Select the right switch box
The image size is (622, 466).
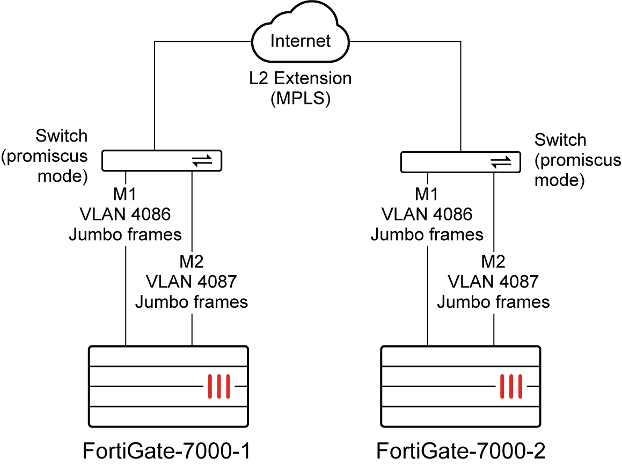tap(460, 161)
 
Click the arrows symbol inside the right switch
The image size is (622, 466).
tap(501, 161)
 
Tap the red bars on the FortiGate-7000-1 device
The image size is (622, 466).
tap(219, 386)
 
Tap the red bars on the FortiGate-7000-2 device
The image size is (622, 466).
tap(511, 386)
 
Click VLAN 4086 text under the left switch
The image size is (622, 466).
tap(125, 214)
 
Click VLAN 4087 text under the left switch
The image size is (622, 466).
tap(192, 282)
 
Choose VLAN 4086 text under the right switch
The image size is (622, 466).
tap(427, 214)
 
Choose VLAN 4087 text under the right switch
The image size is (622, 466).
tap(493, 282)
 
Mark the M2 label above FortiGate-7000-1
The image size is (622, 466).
tap(192, 262)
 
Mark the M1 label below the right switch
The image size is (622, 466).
tap(427, 195)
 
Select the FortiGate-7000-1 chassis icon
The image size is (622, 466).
tap(167, 386)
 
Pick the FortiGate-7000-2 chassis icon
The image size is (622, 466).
tap(459, 386)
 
